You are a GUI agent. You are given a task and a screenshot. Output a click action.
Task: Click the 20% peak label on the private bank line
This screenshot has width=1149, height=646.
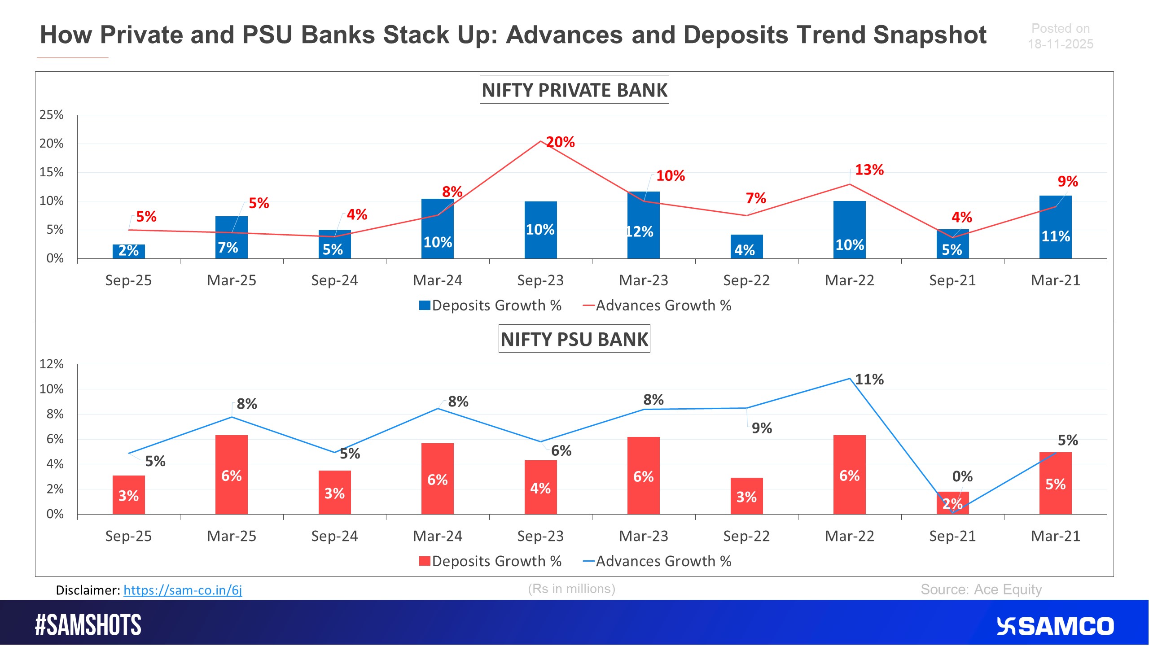coord(560,142)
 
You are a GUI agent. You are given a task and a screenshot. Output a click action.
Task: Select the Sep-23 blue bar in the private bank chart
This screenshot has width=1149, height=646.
coord(540,230)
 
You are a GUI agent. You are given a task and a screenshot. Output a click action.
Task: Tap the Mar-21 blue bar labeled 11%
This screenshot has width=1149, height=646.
coord(1055,227)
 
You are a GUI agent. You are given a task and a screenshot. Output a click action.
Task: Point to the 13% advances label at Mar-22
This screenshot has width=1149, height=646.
coord(869,170)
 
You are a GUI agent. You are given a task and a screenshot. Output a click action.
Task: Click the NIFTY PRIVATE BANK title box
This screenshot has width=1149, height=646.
coord(574,90)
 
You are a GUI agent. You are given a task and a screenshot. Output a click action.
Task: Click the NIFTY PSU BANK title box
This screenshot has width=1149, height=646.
coord(574,339)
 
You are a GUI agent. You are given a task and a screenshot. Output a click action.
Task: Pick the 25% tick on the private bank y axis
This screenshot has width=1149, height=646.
coord(52,115)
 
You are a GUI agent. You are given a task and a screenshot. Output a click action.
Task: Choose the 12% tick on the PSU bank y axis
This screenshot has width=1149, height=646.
coord(52,364)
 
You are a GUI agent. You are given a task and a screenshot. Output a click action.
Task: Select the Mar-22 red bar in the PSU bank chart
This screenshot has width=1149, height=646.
coord(849,475)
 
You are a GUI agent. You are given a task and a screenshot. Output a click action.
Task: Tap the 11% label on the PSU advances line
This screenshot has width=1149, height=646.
coord(869,380)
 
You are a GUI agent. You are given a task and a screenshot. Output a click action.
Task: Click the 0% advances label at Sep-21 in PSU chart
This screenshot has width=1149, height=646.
coord(962,476)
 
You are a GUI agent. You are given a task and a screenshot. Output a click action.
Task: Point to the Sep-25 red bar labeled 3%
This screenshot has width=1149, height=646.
coord(128,495)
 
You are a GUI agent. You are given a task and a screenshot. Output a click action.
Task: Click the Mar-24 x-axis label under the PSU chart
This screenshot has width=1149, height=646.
coord(437,536)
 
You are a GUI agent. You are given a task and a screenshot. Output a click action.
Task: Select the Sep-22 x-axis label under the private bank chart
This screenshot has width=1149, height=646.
coord(746,280)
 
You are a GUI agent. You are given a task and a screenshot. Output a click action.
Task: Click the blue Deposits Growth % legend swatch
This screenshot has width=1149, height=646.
coord(425,306)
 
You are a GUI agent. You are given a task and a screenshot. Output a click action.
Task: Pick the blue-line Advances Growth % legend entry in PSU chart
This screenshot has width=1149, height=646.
coord(657,561)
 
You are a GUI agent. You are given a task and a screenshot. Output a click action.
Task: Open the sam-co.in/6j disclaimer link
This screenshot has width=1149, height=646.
coord(183,590)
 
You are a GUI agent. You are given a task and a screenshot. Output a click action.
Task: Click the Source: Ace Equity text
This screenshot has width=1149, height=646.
coord(981,589)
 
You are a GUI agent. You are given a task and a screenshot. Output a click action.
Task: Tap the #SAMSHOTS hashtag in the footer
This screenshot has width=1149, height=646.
coord(88,625)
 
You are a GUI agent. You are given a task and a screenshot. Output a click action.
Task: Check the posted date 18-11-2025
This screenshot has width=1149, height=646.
coord(1060,44)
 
